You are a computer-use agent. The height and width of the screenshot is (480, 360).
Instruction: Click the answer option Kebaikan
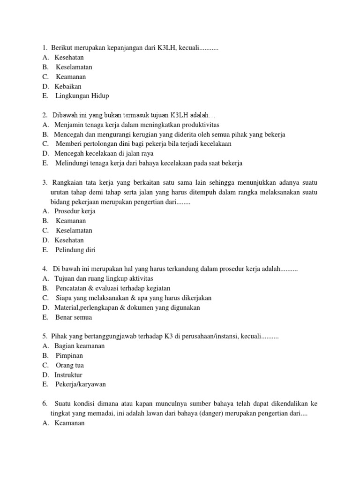(x=68, y=86)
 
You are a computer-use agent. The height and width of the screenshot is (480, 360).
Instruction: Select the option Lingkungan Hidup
(x=82, y=96)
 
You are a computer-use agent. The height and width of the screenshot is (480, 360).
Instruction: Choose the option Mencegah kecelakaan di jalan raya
(x=104, y=154)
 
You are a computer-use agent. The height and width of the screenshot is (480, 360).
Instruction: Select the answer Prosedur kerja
(x=75, y=211)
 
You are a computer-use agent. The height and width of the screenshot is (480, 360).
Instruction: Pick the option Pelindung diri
(x=75, y=250)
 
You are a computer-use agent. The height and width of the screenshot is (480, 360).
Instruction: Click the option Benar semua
(x=74, y=317)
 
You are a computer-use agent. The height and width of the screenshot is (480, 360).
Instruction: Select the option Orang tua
(x=70, y=365)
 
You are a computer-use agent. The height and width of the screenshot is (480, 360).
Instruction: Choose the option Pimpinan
(x=69, y=356)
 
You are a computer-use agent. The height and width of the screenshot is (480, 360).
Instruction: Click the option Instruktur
(x=68, y=375)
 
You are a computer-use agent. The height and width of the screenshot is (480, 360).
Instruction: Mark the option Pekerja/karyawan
(x=81, y=384)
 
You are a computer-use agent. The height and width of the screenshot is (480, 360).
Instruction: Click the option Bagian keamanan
(x=80, y=346)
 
